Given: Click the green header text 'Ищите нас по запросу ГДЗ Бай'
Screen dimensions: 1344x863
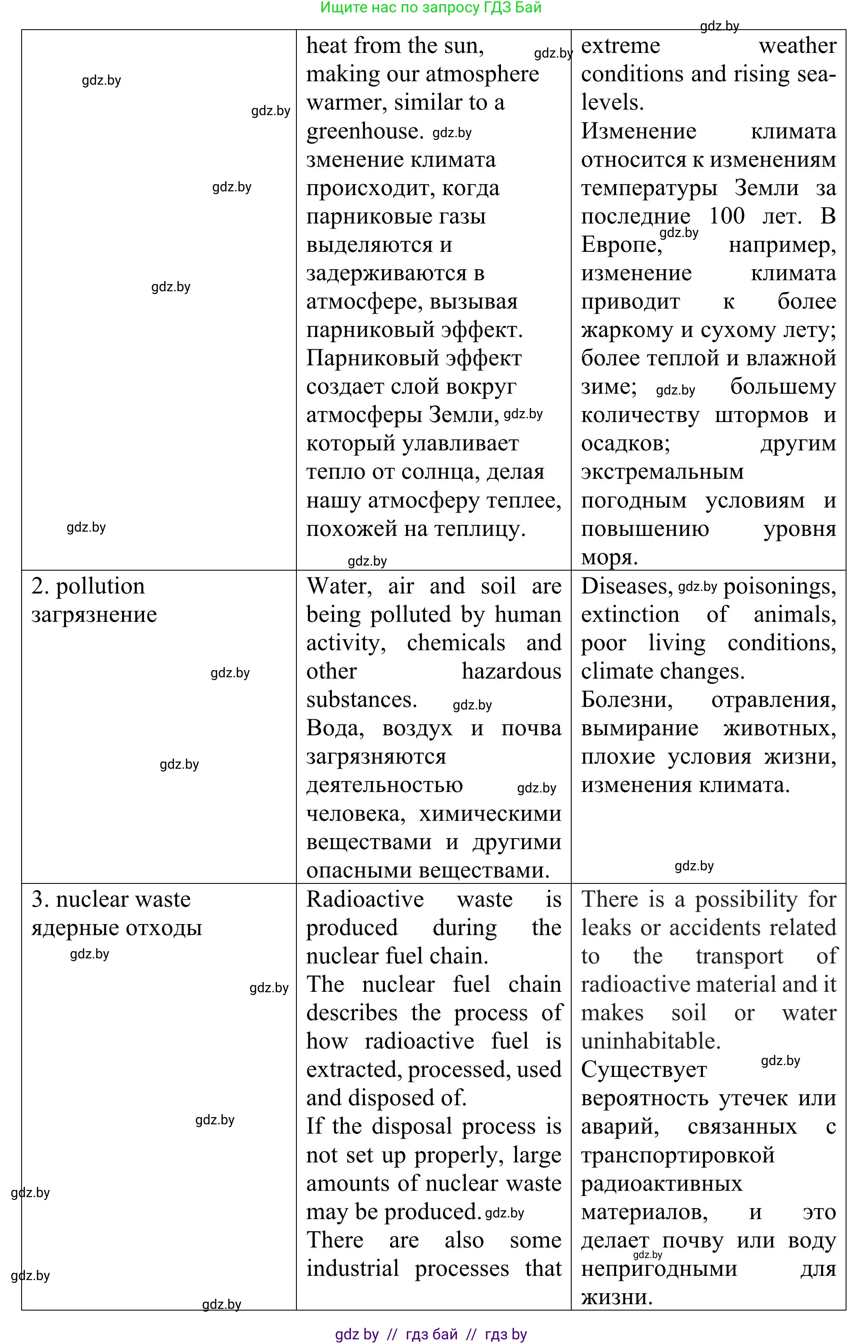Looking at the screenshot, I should (x=430, y=8).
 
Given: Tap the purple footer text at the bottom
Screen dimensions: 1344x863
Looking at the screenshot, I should (x=430, y=1334).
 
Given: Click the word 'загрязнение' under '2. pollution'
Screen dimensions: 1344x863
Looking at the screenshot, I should (x=94, y=615).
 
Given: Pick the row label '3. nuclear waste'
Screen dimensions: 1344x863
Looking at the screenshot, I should (x=111, y=900).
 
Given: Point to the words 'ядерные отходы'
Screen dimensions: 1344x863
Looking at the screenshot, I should (x=116, y=928).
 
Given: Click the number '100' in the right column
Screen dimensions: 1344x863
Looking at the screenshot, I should (x=727, y=216).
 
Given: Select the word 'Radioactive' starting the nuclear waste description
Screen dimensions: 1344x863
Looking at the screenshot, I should (x=365, y=900).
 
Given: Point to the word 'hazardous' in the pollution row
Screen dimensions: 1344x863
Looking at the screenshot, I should (x=511, y=672).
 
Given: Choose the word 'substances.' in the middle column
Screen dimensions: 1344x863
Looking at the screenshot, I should (x=362, y=700).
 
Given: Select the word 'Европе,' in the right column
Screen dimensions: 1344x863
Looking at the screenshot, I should (x=621, y=245).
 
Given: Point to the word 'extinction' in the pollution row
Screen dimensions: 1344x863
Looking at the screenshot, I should (x=630, y=615).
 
